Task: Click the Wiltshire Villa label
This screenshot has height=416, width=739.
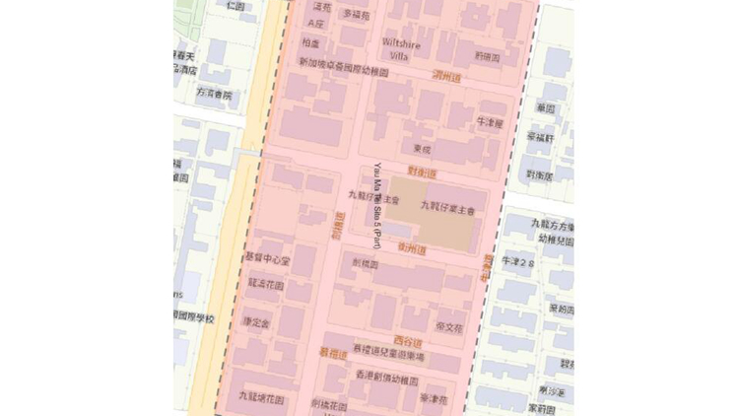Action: point(401,49)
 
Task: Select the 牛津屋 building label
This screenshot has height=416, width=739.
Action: point(490,123)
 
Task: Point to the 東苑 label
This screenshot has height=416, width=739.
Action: point(423,149)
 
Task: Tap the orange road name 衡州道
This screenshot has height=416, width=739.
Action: point(413,249)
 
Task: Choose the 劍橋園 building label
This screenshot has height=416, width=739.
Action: point(365,264)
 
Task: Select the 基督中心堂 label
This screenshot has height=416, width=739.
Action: point(268,260)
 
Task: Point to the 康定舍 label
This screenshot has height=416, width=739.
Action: point(254,322)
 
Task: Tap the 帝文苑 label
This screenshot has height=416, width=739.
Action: point(448,327)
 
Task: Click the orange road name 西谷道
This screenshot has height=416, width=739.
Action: point(420,342)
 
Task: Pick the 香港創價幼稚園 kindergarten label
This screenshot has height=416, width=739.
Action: point(387,380)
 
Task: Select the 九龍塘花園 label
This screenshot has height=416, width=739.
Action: point(261,399)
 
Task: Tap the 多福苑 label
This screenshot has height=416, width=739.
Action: point(355,14)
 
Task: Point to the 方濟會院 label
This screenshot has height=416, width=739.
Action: point(214,96)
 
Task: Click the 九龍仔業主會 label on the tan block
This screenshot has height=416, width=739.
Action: point(447,208)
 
